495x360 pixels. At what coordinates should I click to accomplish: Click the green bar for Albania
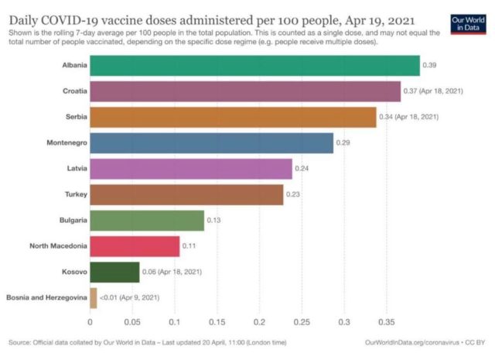point(254,65)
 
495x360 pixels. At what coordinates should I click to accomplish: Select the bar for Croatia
point(245,91)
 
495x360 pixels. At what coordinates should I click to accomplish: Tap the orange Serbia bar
point(233,117)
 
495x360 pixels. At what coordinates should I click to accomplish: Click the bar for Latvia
point(191,169)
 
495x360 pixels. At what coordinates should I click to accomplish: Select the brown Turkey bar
point(186,195)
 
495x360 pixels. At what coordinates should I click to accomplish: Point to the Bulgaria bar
point(147,221)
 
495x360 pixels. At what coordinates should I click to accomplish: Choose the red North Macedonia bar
point(135,247)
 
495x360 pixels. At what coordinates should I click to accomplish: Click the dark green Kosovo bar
point(114,273)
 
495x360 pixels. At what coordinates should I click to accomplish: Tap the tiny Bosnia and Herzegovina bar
point(94,298)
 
